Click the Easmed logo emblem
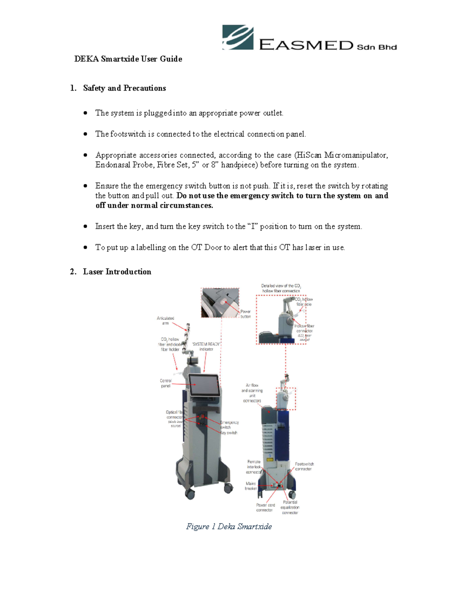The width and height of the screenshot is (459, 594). tap(238, 37)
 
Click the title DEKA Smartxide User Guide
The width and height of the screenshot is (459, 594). tap(128, 59)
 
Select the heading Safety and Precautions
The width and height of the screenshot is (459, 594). tap(124, 88)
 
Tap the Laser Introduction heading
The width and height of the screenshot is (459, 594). tap(117, 272)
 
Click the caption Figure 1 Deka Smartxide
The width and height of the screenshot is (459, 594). tap(229, 526)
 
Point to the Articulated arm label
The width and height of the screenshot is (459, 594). tap(165, 321)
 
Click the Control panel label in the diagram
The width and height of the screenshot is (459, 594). tap(166, 383)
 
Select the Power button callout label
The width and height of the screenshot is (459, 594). tap(246, 314)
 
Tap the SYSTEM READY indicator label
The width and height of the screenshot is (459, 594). tap(206, 347)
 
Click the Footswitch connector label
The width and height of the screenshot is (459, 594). tap(304, 466)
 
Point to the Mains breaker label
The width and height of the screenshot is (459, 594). tap(251, 486)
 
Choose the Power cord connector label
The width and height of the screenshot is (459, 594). tap(265, 507)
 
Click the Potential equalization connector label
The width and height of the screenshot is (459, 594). tap(290, 507)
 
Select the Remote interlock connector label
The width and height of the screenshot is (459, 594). tap(254, 467)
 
